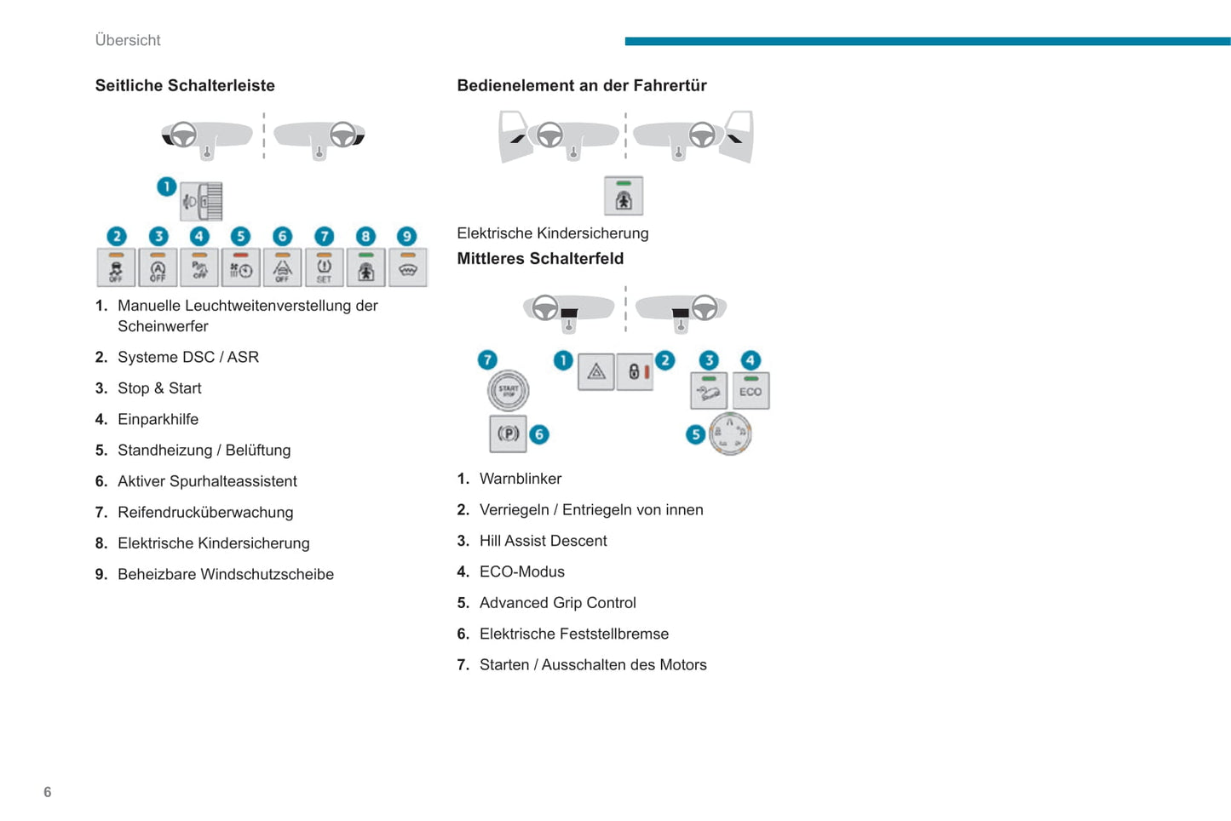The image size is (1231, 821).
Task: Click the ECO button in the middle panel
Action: click(751, 391)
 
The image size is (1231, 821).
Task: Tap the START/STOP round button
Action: click(508, 391)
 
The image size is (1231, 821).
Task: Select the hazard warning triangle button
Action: click(596, 372)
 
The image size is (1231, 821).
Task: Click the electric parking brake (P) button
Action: click(508, 433)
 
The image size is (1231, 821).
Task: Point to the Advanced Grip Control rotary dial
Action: click(730, 433)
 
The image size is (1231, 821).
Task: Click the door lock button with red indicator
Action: click(636, 372)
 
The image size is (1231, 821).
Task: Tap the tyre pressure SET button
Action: click(324, 268)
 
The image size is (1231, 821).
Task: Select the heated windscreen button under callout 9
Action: click(407, 268)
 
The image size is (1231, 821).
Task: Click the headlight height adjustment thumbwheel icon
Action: click(203, 202)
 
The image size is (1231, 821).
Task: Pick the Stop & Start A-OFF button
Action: click(158, 268)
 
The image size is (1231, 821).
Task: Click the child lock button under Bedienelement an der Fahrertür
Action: click(624, 197)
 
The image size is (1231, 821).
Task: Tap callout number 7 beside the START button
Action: click(487, 359)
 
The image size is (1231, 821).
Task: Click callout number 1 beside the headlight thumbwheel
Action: click(166, 186)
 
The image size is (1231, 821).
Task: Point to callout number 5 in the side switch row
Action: click(241, 237)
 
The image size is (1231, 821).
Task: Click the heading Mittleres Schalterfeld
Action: click(540, 259)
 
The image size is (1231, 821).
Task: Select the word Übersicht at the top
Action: click(128, 40)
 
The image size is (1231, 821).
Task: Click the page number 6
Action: click(48, 792)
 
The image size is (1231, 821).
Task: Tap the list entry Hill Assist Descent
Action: click(543, 541)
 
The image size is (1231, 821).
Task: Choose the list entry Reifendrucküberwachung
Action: click(205, 512)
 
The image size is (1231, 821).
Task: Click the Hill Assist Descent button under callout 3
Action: click(709, 391)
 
